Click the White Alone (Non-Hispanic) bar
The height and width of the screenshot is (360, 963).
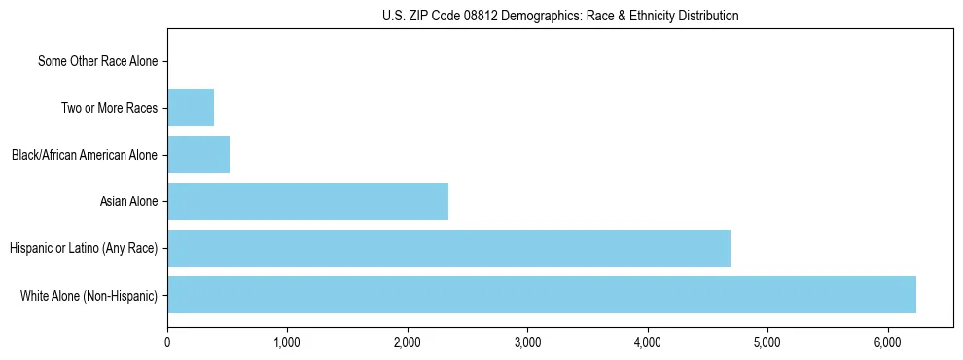pyautogui.click(x=541, y=295)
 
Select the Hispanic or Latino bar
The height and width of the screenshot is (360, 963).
pyautogui.click(x=448, y=248)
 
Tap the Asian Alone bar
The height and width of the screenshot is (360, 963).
pyautogui.click(x=307, y=201)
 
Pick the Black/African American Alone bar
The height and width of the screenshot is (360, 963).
pyautogui.click(x=198, y=155)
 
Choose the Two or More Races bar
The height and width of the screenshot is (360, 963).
pyautogui.click(x=191, y=108)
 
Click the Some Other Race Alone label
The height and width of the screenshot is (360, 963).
pyautogui.click(x=97, y=61)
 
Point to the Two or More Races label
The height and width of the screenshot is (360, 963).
pyautogui.click(x=109, y=108)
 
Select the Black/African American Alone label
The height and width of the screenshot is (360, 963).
pyautogui.click(x=85, y=155)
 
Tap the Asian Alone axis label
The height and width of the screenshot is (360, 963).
pyautogui.click(x=128, y=201)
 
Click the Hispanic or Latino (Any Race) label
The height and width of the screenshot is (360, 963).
pyautogui.click(x=84, y=248)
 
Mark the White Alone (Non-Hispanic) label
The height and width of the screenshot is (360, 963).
pyautogui.click(x=89, y=295)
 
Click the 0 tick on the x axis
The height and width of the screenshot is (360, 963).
pyautogui.click(x=167, y=342)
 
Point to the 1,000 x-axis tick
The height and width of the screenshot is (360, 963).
pyautogui.click(x=287, y=342)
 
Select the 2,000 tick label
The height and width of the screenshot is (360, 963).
pyautogui.click(x=408, y=342)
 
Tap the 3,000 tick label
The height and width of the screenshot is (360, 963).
pyautogui.click(x=527, y=342)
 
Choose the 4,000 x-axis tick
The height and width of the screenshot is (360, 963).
pyautogui.click(x=648, y=342)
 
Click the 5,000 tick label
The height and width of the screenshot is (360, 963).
pyautogui.click(x=767, y=342)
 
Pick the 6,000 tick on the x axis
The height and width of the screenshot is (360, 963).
pyautogui.click(x=888, y=342)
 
